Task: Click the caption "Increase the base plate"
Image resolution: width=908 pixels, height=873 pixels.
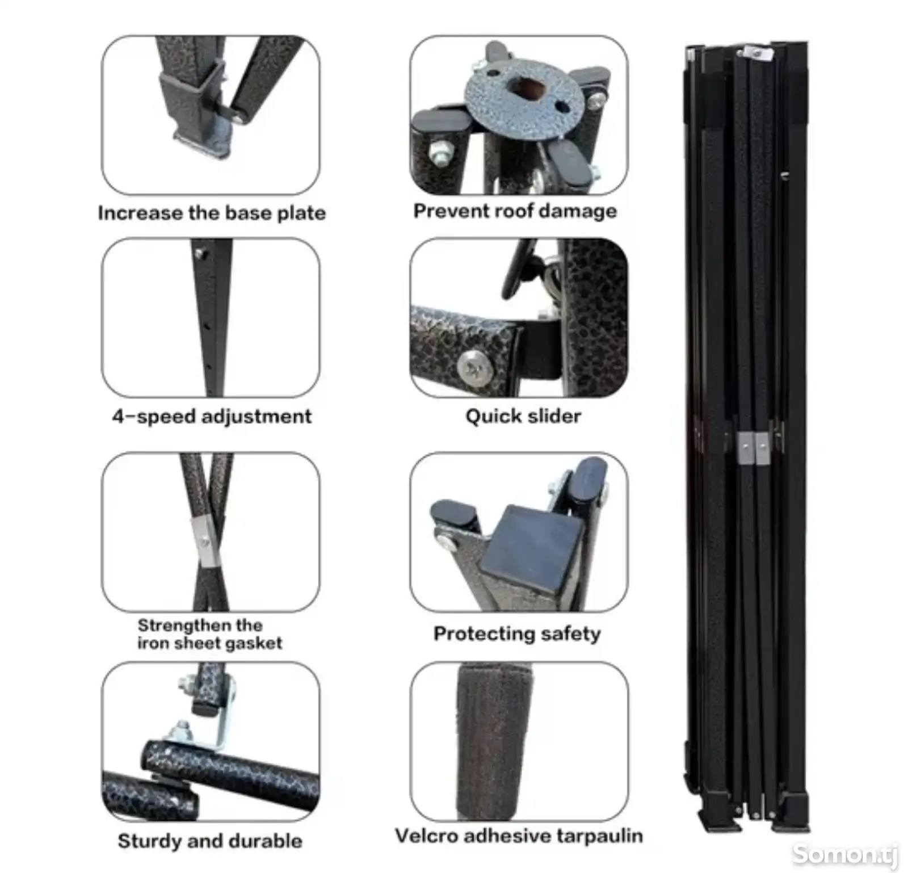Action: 212,213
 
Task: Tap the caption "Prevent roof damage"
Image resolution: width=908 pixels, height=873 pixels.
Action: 515,211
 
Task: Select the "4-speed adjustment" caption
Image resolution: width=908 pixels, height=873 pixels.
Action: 212,416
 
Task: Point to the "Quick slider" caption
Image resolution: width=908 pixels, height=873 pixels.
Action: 523,416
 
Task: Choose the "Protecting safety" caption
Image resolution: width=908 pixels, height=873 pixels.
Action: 517,633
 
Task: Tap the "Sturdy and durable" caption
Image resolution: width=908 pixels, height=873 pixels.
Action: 210,841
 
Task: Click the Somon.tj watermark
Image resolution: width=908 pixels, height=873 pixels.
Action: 846,854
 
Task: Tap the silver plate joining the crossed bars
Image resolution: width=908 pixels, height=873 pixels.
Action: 205,542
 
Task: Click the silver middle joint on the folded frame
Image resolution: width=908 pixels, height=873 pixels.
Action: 754,448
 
